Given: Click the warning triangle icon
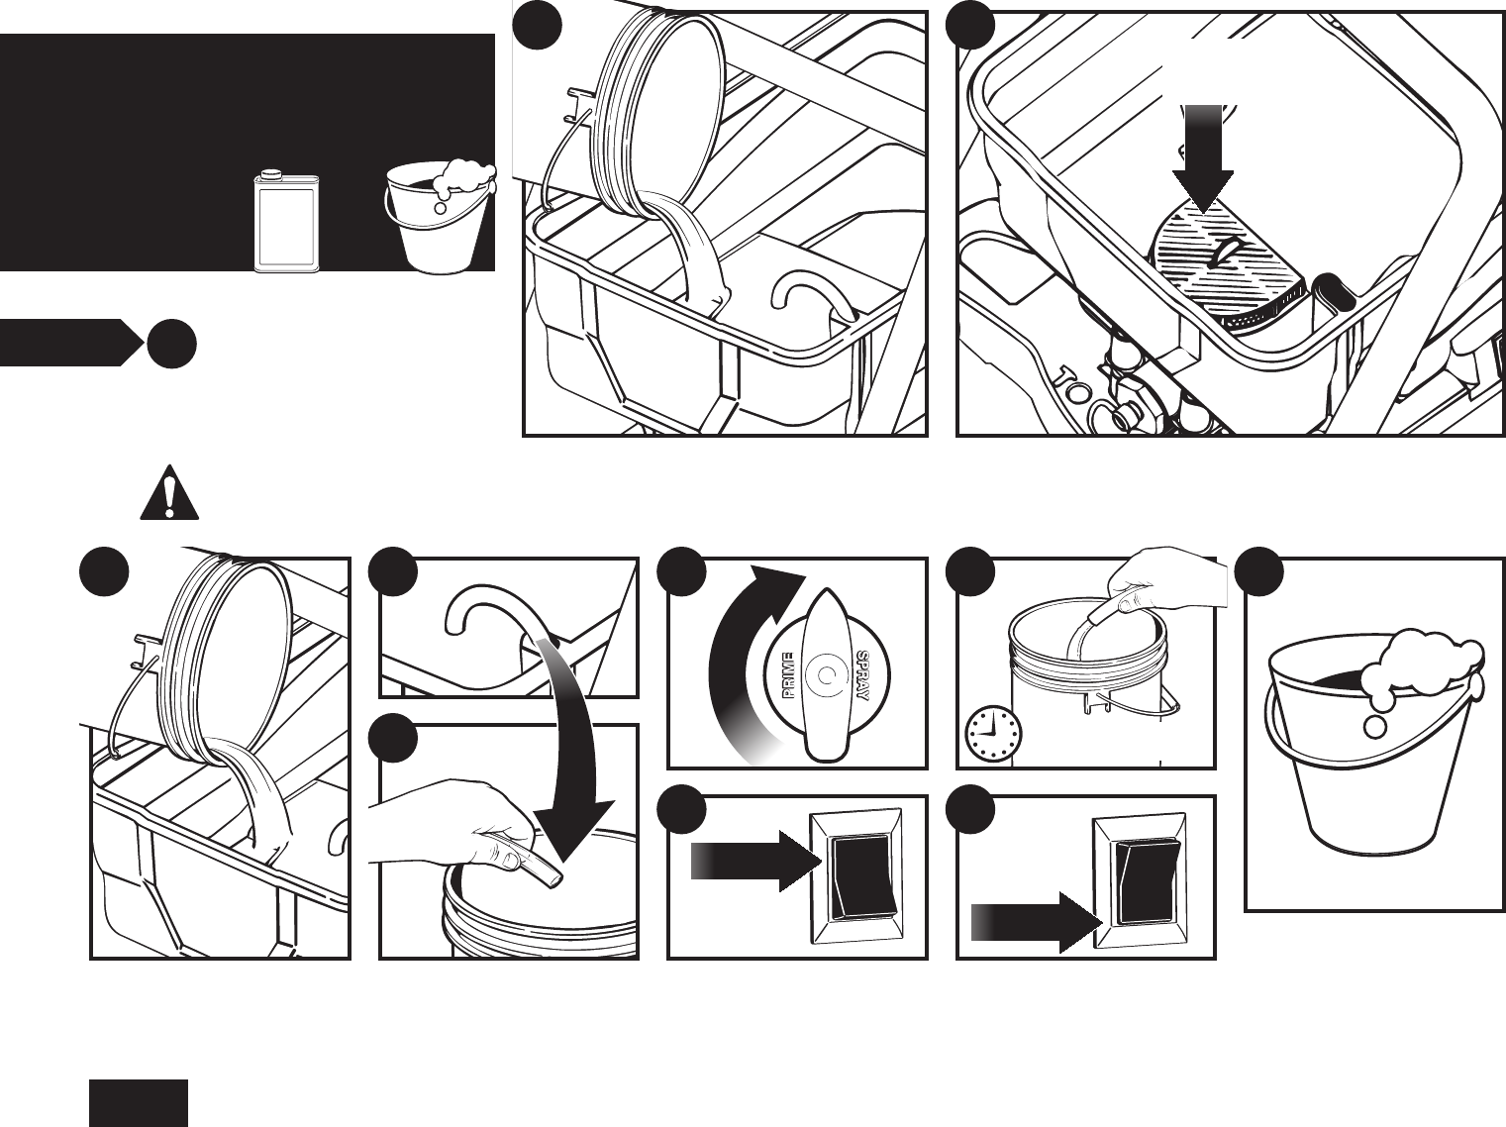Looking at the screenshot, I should (x=169, y=493).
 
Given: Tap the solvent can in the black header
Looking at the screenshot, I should (x=286, y=222).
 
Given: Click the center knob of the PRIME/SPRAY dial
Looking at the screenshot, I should (x=823, y=677).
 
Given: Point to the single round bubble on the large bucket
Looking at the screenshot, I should (x=1375, y=726).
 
